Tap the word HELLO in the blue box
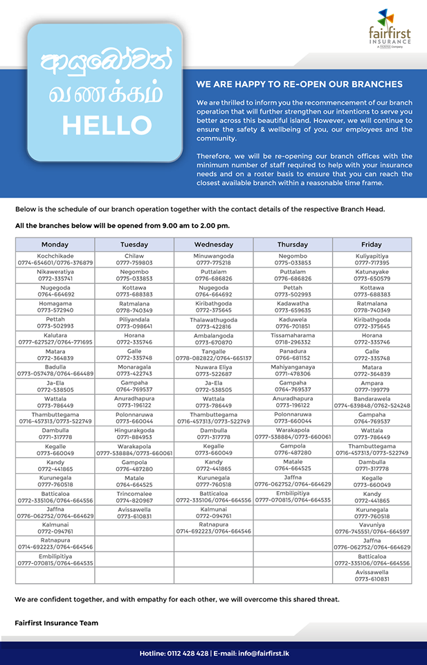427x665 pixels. [x=107, y=125]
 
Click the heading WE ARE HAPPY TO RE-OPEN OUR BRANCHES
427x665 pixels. [x=299, y=85]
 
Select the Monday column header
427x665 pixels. [x=55, y=245]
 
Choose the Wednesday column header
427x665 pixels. [x=213, y=245]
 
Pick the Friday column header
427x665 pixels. [x=372, y=245]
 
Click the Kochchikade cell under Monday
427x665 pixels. [x=55, y=259]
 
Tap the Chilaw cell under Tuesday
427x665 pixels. [x=134, y=259]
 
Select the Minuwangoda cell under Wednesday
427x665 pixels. [x=213, y=259]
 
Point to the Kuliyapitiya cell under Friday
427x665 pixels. [x=372, y=259]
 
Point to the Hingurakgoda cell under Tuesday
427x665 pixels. [x=134, y=434]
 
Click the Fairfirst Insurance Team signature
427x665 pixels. [x=56, y=623]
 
